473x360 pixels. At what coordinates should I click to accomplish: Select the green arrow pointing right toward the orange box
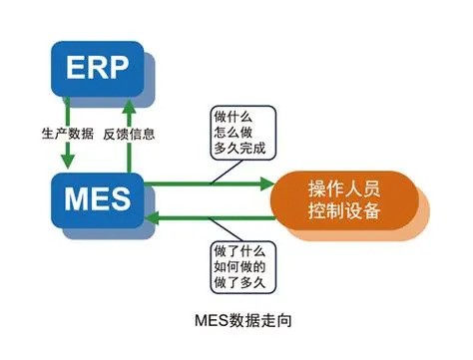click(x=210, y=184)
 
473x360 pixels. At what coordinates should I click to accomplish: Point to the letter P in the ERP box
click(x=116, y=68)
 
